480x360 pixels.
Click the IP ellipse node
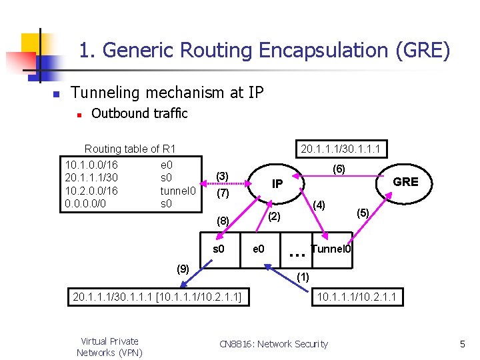point(277,183)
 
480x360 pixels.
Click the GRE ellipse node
point(405,182)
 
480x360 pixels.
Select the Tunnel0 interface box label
point(331,249)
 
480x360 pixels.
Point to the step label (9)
point(182,269)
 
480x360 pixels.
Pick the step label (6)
point(339,169)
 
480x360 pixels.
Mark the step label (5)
point(363,213)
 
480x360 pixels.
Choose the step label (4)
point(319,205)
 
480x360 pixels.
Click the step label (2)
point(275,216)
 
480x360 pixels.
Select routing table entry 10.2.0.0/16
point(91,191)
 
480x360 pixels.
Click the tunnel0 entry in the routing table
point(178,191)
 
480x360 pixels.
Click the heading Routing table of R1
point(130,149)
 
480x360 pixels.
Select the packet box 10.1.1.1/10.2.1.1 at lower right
point(359,295)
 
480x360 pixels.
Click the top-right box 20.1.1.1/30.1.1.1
point(345,148)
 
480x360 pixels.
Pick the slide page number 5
point(461,344)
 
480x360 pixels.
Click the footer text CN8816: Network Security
point(273,344)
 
